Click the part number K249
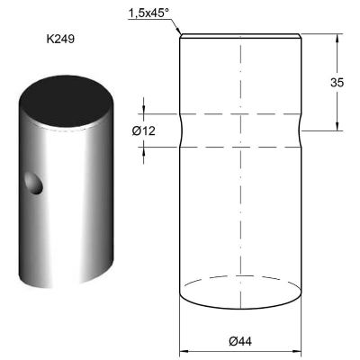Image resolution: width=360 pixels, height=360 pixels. point(60,39)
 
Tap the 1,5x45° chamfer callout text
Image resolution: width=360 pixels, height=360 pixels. point(149,13)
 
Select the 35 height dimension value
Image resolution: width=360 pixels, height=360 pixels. point(337,82)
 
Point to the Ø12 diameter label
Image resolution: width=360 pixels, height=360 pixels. point(144,130)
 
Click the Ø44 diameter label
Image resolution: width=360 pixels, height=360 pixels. point(240,341)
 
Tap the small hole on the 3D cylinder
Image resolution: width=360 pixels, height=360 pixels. point(34,183)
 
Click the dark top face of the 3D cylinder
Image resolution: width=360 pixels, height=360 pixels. point(66,101)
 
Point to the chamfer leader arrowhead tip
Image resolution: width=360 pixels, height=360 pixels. point(180,34)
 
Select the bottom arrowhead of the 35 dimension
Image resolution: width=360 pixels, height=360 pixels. point(337,127)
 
